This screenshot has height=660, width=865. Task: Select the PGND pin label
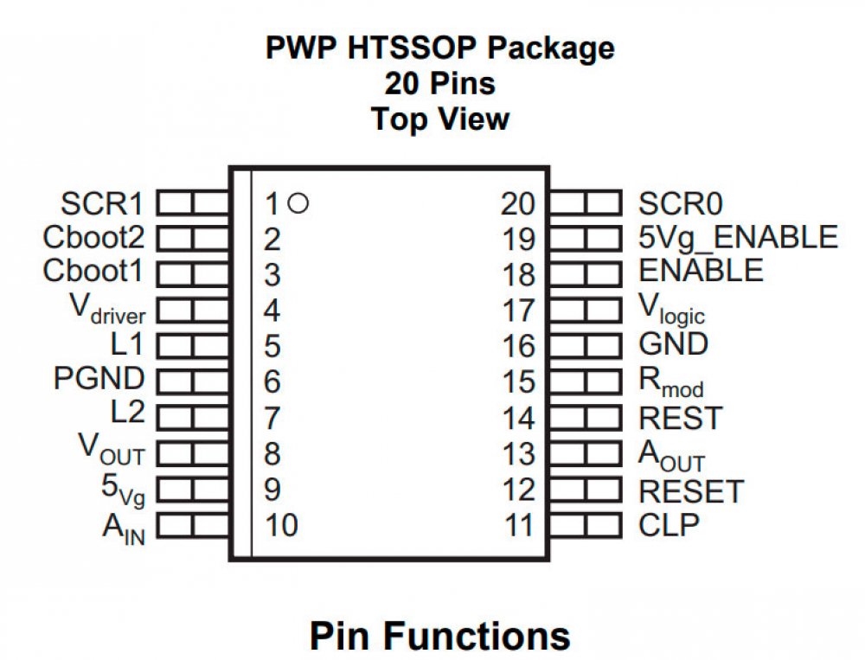(x=99, y=379)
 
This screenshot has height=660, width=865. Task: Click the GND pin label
(x=673, y=344)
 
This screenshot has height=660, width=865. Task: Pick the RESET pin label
(x=690, y=491)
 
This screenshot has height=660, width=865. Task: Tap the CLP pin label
(x=669, y=524)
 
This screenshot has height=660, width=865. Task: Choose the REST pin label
(x=679, y=419)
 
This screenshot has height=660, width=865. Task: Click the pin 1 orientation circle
(x=298, y=204)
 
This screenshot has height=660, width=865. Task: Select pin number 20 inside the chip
(x=517, y=205)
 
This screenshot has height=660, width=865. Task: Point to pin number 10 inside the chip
(x=281, y=525)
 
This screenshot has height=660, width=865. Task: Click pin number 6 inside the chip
(x=272, y=381)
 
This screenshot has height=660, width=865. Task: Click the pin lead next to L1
(x=192, y=346)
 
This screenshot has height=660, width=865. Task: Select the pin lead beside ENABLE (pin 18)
(x=586, y=273)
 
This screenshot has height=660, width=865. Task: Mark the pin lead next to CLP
(x=586, y=524)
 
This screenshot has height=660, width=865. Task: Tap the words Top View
(x=440, y=119)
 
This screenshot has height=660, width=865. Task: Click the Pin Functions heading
(x=440, y=636)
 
